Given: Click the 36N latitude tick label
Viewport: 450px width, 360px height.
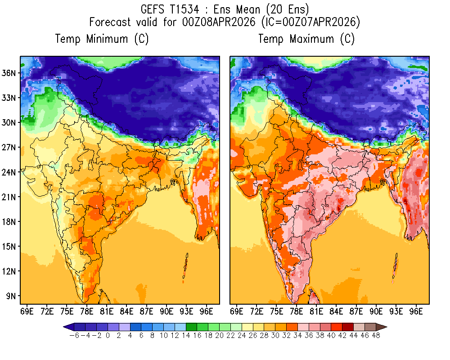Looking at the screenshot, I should coord(11,73).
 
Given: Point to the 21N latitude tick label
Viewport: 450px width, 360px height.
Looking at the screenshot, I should coord(11,197).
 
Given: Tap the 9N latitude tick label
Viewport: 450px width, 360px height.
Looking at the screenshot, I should coord(13,296).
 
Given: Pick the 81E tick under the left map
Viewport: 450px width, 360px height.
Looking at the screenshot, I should coord(107,310).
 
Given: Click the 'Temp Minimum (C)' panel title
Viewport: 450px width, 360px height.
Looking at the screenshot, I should coord(102,39).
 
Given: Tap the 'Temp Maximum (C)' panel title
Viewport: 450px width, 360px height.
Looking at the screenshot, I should coord(306,39).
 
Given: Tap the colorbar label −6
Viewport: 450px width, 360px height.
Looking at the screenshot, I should coord(72,336).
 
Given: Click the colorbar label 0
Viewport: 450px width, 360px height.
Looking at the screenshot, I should coord(108,336).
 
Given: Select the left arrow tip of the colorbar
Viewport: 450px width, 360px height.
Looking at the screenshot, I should coord(64,327).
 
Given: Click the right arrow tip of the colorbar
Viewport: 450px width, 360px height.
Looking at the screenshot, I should coord(386,327).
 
